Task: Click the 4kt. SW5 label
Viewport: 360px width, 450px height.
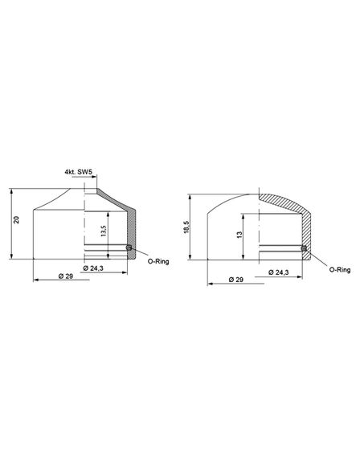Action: click(x=79, y=172)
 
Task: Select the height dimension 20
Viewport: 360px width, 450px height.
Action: click(x=17, y=220)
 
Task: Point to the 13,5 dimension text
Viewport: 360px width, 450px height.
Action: click(x=104, y=231)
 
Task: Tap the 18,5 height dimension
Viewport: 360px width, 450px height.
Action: click(x=186, y=227)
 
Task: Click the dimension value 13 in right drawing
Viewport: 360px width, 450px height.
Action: click(x=239, y=235)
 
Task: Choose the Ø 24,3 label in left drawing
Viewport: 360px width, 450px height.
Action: click(x=93, y=268)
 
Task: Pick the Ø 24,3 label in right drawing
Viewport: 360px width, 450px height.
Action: click(x=279, y=272)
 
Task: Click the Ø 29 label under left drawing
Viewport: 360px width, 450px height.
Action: click(x=66, y=276)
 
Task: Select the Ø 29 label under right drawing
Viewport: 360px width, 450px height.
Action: click(x=236, y=280)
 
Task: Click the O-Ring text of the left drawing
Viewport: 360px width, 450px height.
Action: click(x=158, y=261)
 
